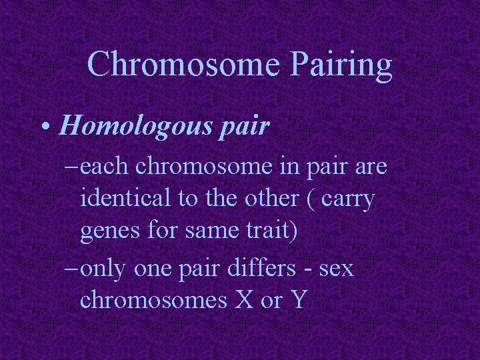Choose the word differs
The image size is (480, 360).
(249, 268)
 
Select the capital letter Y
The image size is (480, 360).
(298, 301)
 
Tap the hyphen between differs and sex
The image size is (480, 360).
(306, 270)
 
